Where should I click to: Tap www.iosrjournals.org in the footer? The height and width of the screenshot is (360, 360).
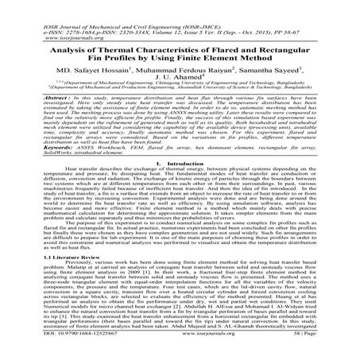coord(184,354)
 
